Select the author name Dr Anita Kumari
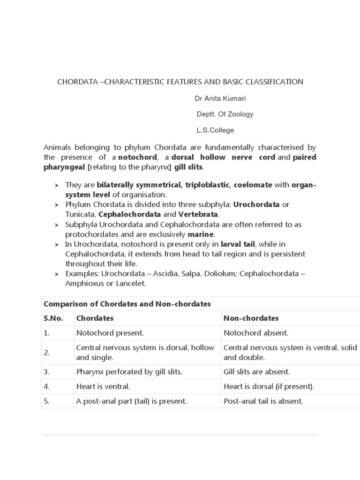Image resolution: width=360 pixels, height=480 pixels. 220,99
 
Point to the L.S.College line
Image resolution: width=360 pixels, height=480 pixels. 215,130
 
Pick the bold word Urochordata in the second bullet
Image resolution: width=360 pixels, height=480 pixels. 256,205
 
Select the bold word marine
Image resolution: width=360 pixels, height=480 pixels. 201,234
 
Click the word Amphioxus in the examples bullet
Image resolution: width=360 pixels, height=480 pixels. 83,284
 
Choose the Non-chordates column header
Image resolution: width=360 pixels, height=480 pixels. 251,318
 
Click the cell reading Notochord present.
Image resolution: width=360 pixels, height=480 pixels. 110,333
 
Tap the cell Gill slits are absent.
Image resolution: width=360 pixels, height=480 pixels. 257,372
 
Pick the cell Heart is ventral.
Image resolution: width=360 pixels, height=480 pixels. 103,387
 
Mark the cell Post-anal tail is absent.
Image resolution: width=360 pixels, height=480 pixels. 263,401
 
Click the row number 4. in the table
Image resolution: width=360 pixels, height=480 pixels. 46,387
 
